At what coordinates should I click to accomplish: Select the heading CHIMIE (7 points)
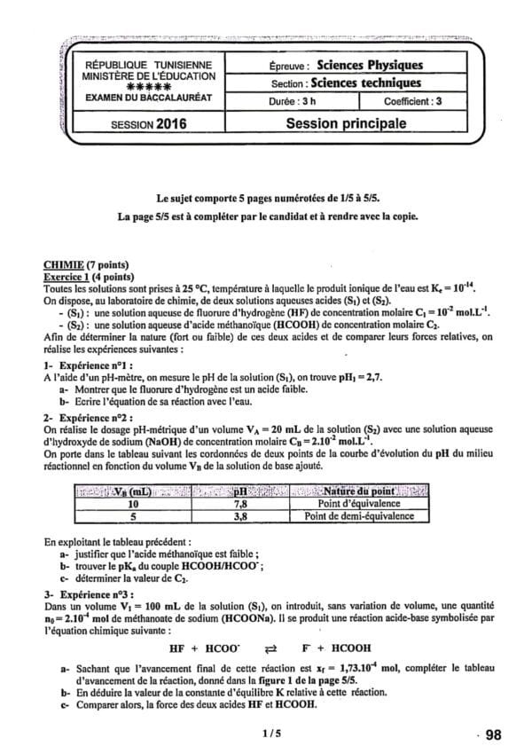(x=85, y=264)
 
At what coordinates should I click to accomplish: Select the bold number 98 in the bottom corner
(x=493, y=734)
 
